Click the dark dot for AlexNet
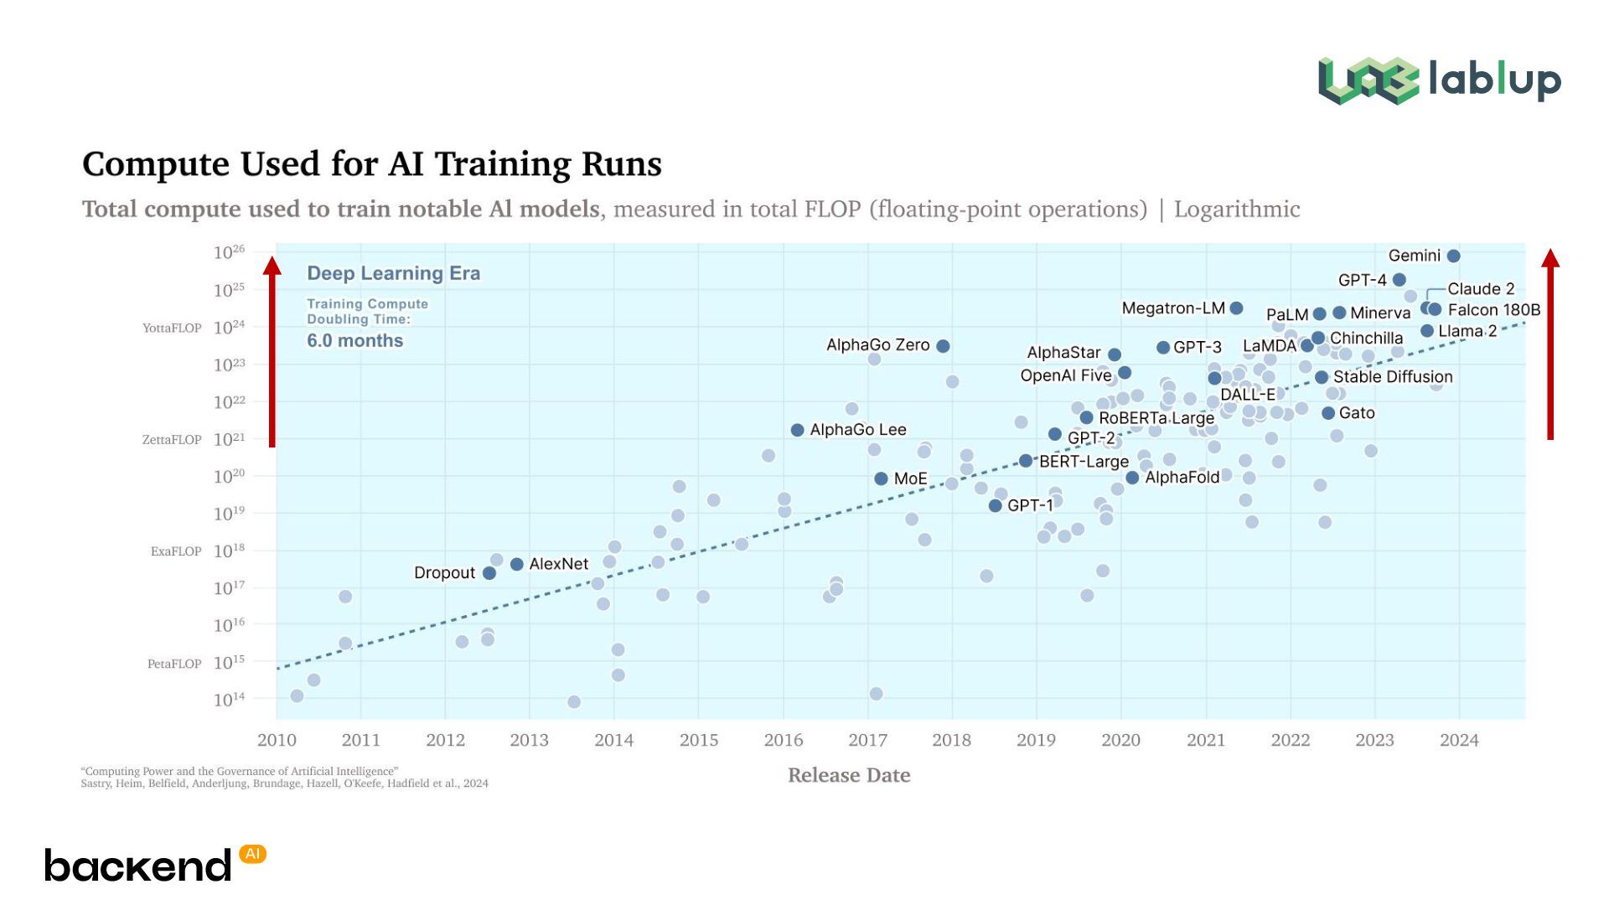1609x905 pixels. click(517, 565)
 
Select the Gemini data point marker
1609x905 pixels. click(1454, 256)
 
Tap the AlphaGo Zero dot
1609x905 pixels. click(943, 346)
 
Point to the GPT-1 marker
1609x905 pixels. click(996, 506)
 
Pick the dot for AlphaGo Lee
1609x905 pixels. click(798, 430)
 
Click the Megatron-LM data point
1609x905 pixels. click(1236, 308)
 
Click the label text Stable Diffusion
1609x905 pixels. click(1393, 377)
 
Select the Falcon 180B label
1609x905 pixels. click(1493, 310)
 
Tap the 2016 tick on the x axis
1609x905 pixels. click(783, 740)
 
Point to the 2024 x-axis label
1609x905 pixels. click(1459, 740)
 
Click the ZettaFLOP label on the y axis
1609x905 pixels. click(172, 439)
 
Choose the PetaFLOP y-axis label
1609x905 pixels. click(174, 664)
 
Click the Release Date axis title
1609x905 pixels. click(849, 775)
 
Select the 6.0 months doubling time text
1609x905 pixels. click(354, 341)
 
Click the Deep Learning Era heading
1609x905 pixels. click(393, 273)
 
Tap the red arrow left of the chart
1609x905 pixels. click(272, 352)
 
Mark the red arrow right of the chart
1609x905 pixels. click(1550, 344)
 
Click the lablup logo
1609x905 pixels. click(1439, 80)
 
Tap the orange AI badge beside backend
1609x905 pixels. click(252, 854)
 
